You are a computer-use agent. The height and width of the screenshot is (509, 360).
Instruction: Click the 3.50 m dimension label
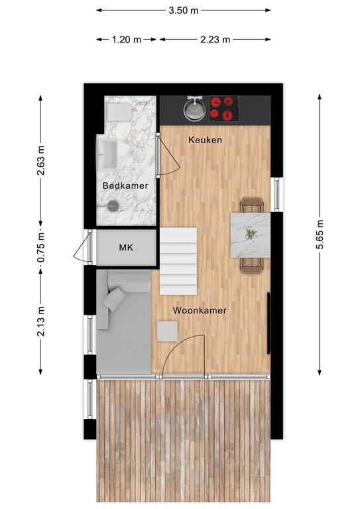click(184, 10)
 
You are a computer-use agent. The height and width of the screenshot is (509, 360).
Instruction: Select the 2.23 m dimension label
click(215, 39)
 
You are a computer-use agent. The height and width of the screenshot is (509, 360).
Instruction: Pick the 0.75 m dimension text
click(40, 247)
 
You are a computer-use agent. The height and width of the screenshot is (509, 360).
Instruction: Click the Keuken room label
click(205, 141)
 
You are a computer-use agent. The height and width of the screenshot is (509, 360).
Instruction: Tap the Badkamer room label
click(125, 186)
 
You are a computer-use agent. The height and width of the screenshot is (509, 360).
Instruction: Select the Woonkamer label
click(200, 310)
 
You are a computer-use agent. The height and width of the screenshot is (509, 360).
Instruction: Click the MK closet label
click(126, 248)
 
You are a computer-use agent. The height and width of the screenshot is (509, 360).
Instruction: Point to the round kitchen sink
click(194, 109)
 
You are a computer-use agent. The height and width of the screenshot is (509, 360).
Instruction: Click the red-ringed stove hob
click(223, 108)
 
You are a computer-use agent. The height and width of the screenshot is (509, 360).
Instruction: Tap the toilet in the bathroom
click(119, 113)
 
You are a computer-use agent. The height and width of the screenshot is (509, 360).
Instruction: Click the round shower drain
click(111, 205)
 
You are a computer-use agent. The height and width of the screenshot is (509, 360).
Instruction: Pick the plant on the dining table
click(251, 233)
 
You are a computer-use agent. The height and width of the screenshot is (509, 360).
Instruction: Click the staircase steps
click(179, 262)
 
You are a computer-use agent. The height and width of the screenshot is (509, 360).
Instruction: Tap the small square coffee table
click(168, 331)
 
